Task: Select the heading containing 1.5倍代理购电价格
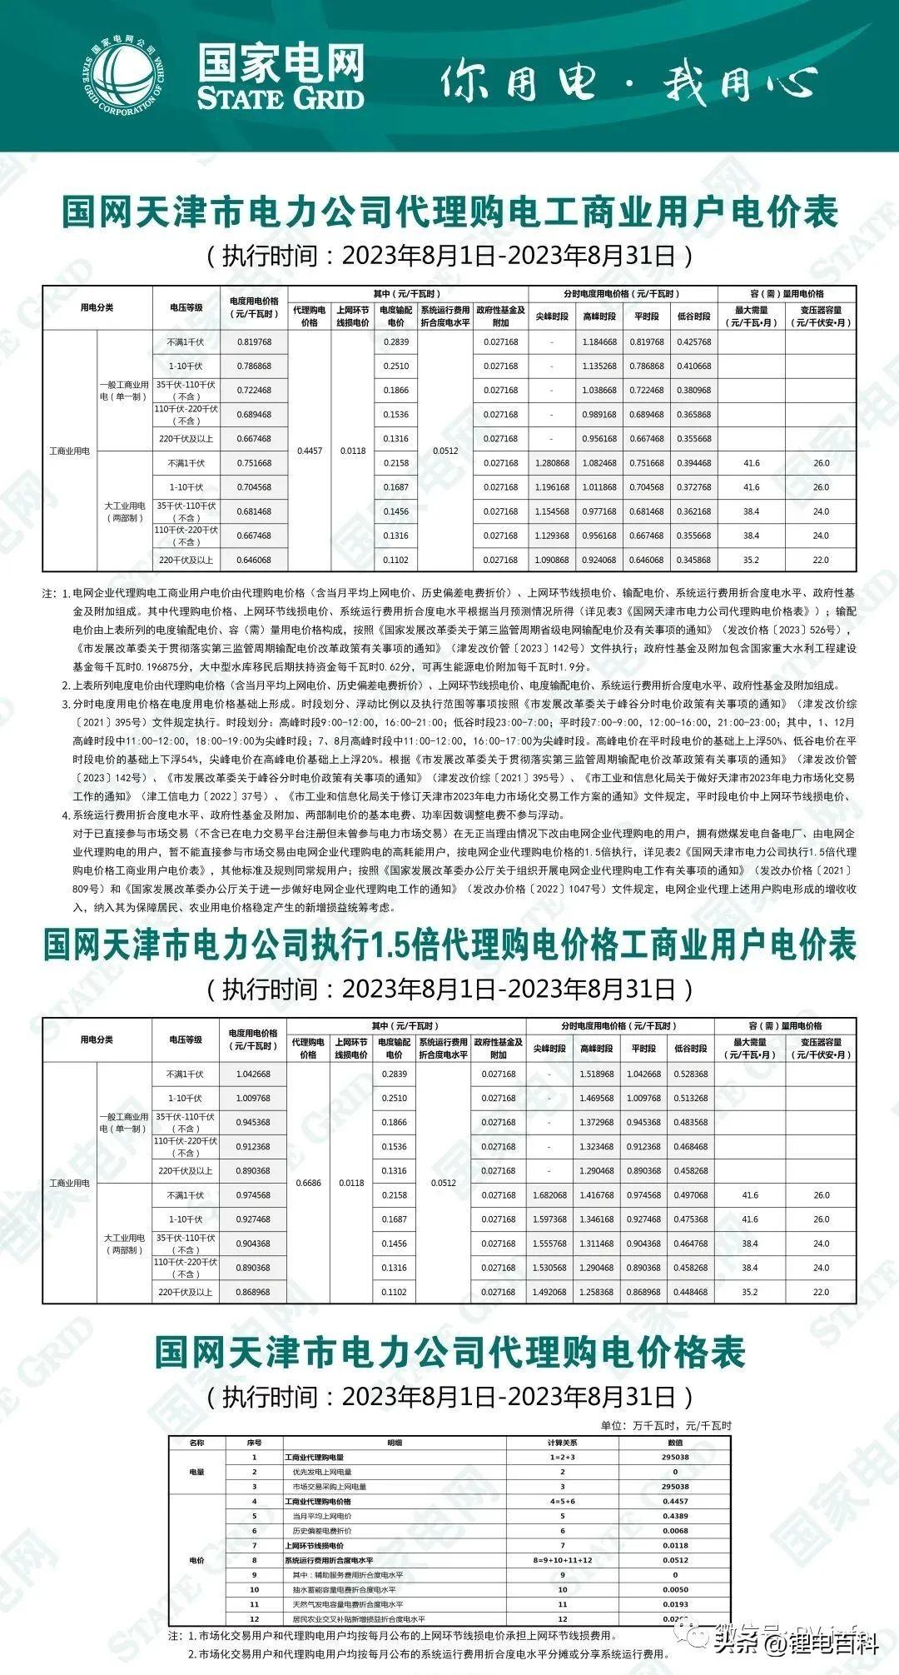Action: pos(449,946)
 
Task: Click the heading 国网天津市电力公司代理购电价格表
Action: pos(449,1353)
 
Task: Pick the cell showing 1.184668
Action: pos(599,342)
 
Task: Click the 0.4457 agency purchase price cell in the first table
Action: pos(310,451)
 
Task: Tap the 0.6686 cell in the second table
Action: pos(308,1183)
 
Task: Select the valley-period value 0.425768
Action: pos(694,342)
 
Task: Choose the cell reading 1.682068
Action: pos(549,1195)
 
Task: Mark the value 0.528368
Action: pos(691,1074)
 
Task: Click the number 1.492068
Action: pos(549,1293)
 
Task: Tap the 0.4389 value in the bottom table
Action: pos(675,1516)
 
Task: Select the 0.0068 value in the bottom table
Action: pos(675,1531)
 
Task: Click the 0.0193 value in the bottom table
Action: pos(675,1604)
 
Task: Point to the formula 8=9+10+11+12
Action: pos(563,1560)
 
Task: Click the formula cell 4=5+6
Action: pos(563,1502)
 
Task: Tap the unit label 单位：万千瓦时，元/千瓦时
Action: pos(666,1425)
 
